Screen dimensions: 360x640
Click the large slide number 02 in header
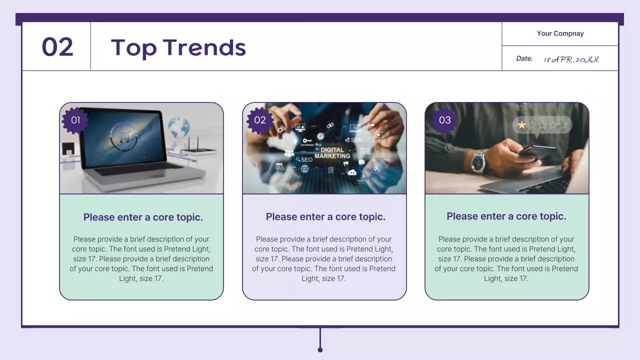click(x=57, y=47)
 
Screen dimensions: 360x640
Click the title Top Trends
click(x=178, y=47)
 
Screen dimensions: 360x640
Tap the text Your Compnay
click(x=560, y=33)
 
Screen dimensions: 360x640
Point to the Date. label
click(x=524, y=58)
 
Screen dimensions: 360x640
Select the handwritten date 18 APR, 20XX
click(x=571, y=59)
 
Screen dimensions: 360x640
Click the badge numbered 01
click(x=75, y=120)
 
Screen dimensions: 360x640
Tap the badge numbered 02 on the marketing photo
click(x=260, y=120)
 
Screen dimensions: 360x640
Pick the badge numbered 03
click(x=444, y=120)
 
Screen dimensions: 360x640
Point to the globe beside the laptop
click(x=178, y=127)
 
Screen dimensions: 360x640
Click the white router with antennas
click(x=198, y=149)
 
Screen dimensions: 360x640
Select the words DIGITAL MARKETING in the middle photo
click(x=332, y=153)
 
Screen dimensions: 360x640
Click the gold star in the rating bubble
click(x=521, y=125)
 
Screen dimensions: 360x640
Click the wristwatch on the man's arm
click(x=478, y=161)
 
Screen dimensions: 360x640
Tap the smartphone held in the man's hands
click(x=535, y=151)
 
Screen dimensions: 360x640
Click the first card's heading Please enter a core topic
click(x=143, y=217)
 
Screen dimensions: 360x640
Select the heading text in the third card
click(x=506, y=216)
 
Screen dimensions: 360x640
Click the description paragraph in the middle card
click(x=324, y=259)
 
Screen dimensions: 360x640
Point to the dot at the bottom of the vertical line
click(x=320, y=349)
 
